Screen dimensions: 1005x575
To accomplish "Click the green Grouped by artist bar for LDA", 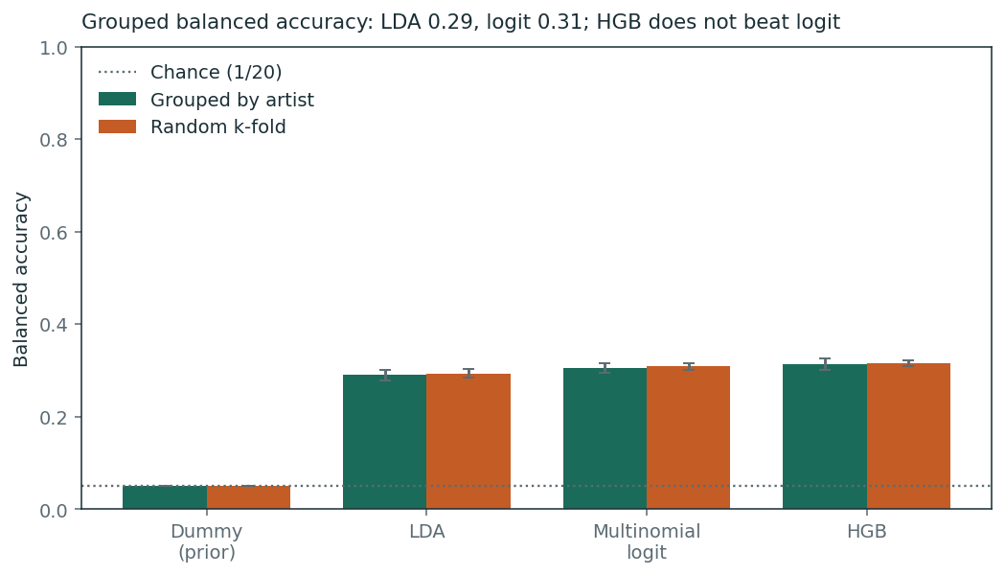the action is (x=384, y=442).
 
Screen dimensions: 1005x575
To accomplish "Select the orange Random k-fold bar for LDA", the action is (x=468, y=441).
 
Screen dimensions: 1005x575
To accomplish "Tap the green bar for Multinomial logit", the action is (x=605, y=439).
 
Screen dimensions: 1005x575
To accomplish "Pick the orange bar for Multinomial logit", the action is (x=689, y=437).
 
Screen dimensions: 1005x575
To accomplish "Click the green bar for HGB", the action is (x=825, y=437).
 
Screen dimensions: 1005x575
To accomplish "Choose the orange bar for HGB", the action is (x=909, y=436).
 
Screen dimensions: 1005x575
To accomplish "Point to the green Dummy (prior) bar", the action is (x=165, y=497).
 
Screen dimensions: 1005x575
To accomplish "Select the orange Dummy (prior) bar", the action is (x=249, y=497).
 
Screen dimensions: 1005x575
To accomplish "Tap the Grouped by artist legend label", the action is (x=232, y=100).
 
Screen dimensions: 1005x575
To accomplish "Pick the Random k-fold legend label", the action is (x=217, y=126).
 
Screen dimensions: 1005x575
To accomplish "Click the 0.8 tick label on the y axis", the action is (x=54, y=140).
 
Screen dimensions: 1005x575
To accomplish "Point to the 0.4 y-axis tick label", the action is (x=54, y=324).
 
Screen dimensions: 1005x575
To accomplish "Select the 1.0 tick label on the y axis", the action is (x=54, y=47).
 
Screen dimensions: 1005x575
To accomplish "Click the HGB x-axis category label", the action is (x=866, y=532).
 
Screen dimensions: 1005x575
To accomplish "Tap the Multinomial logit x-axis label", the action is (x=647, y=541).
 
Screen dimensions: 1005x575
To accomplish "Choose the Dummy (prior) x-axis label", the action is (x=206, y=541).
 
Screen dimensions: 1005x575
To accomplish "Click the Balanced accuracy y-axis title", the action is (x=21, y=279).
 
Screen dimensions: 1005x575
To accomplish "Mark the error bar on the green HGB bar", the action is (x=825, y=364).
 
